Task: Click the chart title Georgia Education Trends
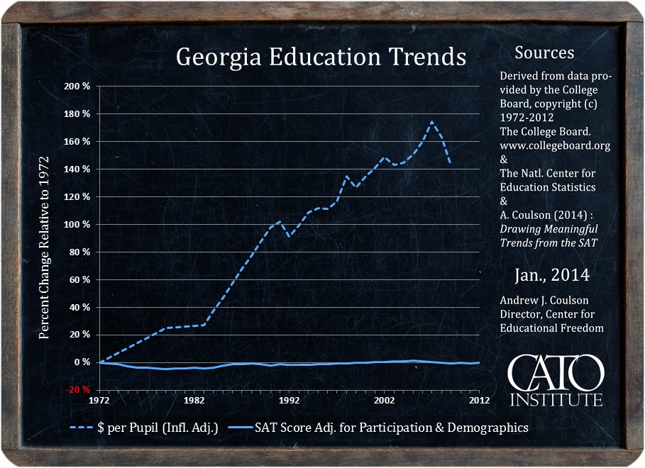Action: tap(321, 57)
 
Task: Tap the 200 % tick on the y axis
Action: tap(77, 87)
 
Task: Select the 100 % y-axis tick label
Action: tap(77, 225)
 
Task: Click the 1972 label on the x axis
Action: tap(99, 400)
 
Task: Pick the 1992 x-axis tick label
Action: tap(290, 400)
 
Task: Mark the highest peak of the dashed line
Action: tap(431, 122)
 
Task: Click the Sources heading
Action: tap(544, 53)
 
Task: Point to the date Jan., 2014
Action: tap(551, 275)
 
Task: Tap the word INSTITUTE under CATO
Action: tap(556, 399)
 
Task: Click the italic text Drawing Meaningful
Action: tap(548, 229)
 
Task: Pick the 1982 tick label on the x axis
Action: tap(194, 400)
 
